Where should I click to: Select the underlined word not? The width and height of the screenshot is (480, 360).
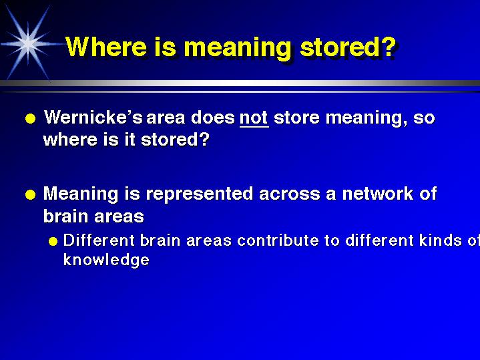254,119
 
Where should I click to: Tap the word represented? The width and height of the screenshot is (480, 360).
199,195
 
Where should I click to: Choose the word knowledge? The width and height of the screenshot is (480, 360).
105,260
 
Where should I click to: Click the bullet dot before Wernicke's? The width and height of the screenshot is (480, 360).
29,120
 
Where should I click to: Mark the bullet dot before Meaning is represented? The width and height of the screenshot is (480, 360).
29,195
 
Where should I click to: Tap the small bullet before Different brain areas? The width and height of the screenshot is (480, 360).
53,241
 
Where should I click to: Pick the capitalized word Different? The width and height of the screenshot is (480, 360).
94,240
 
